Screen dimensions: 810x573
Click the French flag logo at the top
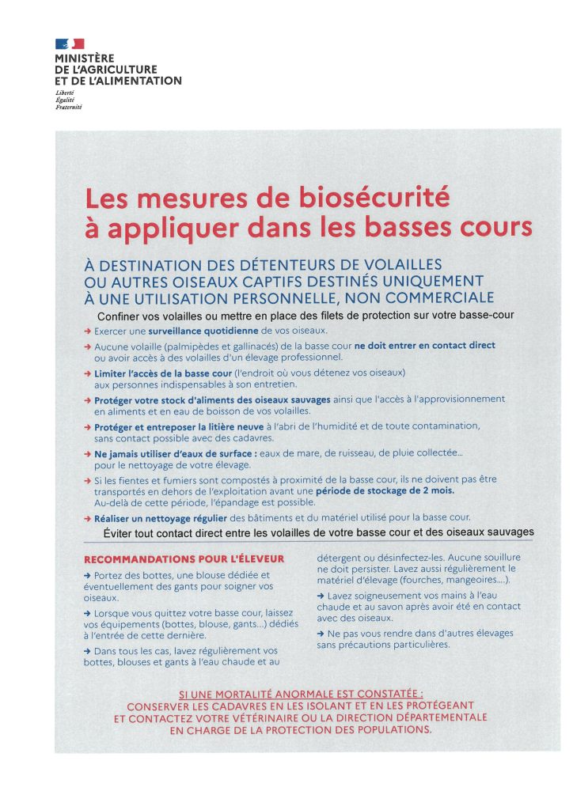pos(70,44)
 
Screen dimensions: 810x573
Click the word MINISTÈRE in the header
pos(85,59)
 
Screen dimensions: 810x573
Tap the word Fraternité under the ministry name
pos(70,107)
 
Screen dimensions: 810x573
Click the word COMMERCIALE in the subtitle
pos(429,297)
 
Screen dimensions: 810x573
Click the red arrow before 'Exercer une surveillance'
pos(87,331)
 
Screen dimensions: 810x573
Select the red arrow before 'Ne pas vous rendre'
pos(320,634)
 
